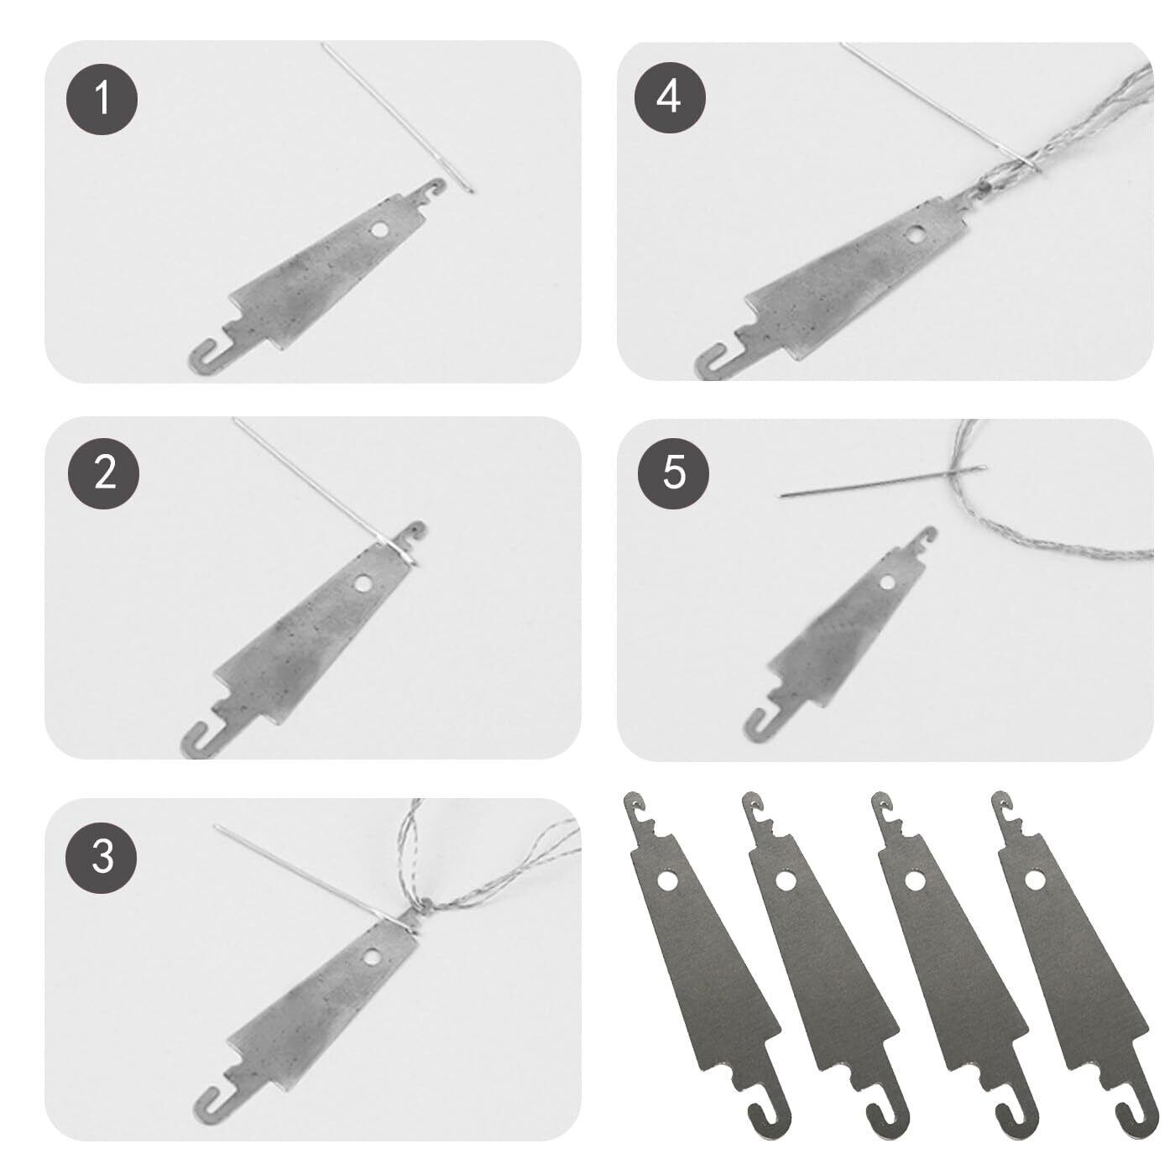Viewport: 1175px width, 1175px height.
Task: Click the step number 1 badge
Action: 102,99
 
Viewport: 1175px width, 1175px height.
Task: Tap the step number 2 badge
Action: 104,473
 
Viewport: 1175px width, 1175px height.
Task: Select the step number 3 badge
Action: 102,857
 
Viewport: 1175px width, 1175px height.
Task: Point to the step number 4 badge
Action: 670,97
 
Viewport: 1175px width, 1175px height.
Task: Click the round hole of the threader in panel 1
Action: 380,231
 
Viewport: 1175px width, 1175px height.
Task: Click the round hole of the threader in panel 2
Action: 364,583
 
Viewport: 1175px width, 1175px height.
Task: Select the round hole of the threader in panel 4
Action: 914,235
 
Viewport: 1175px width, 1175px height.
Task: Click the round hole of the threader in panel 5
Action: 886,583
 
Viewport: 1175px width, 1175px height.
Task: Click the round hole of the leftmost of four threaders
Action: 668,880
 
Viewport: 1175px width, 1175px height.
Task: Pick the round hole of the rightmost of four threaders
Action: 1033,880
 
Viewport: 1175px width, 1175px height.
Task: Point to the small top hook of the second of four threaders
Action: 755,806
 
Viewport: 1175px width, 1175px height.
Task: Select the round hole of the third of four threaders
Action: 913,880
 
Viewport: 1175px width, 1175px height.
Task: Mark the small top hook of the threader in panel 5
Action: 926,536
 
